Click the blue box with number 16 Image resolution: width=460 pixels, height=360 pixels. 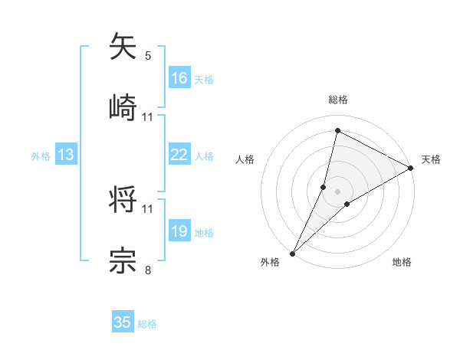tap(179, 78)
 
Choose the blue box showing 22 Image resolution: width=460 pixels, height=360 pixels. tap(179, 155)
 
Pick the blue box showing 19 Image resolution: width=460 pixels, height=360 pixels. tap(179, 231)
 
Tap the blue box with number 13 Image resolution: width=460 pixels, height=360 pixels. tap(66, 155)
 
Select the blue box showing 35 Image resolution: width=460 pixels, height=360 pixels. tap(123, 322)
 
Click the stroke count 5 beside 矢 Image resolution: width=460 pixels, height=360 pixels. tap(148, 55)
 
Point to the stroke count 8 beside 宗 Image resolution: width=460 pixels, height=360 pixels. tap(148, 269)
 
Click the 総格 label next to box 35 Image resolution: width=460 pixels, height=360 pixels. tap(147, 324)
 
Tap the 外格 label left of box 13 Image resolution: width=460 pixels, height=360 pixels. tap(41, 156)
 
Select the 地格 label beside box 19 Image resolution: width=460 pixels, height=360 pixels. tap(204, 233)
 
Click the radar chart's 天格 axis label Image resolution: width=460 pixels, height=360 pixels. tap(431, 159)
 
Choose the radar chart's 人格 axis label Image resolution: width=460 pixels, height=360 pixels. tap(245, 159)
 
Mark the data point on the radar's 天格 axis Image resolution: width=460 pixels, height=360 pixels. tap(410, 168)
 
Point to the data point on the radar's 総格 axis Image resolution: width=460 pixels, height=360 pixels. tap(337, 130)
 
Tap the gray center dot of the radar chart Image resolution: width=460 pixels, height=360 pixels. tap(337, 191)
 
